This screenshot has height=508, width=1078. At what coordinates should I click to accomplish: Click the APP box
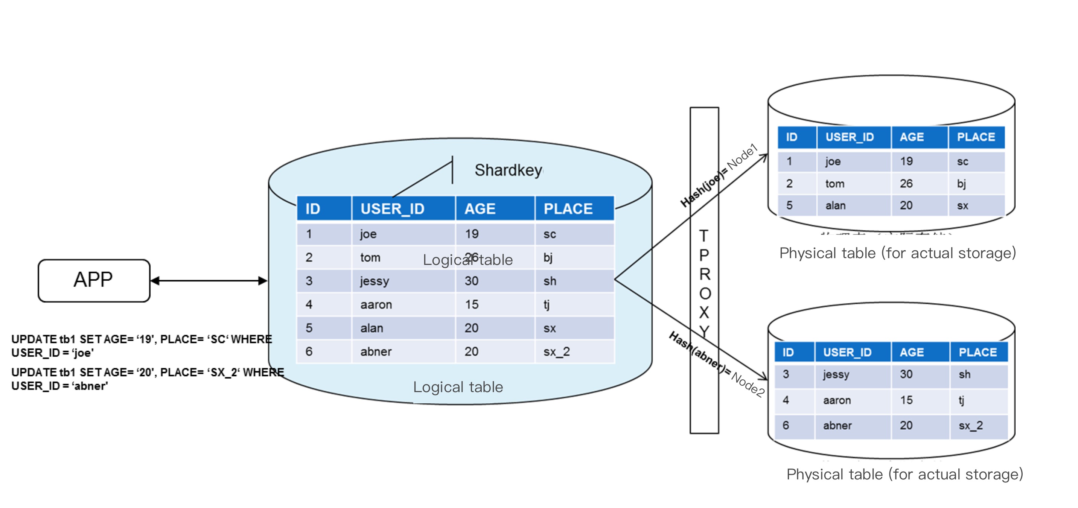coord(94,280)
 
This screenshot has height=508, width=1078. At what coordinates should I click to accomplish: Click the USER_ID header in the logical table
coord(392,209)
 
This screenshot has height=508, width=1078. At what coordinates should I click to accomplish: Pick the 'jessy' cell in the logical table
coord(375,281)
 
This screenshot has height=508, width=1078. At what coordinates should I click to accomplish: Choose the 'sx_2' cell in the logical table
coord(557,351)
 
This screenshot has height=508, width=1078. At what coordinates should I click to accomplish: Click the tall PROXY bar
coord(704,270)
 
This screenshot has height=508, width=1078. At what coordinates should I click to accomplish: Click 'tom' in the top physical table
coord(835,184)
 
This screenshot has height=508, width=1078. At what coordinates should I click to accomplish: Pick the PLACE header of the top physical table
coord(976,137)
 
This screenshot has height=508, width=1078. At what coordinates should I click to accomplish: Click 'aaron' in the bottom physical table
coord(837,400)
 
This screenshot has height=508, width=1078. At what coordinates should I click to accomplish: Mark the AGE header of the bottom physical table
coord(912,352)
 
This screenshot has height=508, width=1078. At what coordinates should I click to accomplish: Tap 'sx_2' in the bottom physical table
coord(970,426)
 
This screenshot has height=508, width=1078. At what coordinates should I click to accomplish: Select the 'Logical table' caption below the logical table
coord(458,387)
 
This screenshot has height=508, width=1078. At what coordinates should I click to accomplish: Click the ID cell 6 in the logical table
coord(309,351)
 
